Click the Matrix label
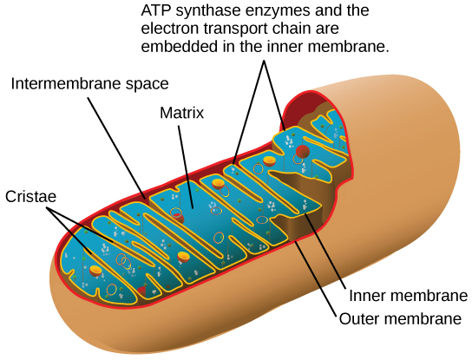(181, 113)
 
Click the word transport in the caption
(232, 31)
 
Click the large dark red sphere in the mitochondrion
(301, 128)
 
